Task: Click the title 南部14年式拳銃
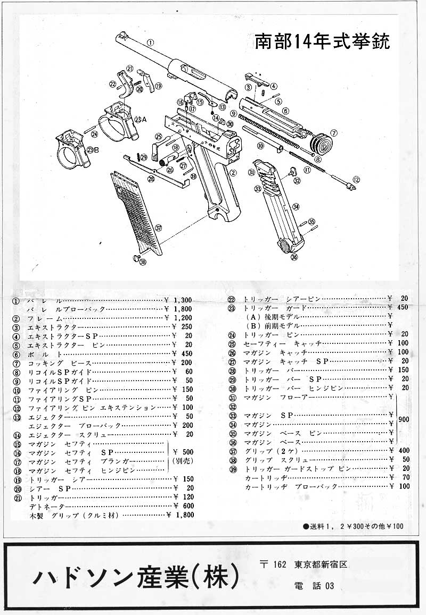(323, 42)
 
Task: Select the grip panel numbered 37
(136, 213)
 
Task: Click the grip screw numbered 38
(137, 257)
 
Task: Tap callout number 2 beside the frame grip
(233, 172)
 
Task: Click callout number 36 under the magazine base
(294, 257)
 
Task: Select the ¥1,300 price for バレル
(178, 300)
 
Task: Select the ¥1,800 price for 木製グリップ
(180, 515)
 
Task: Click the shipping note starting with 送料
(354, 526)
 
